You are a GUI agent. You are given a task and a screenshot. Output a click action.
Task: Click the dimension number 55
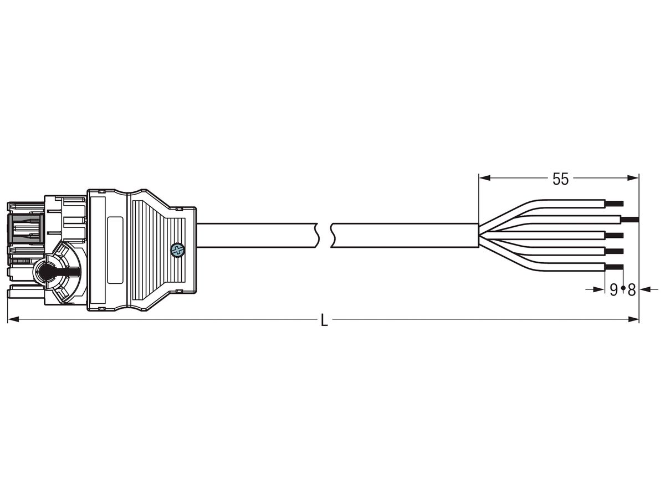(560, 179)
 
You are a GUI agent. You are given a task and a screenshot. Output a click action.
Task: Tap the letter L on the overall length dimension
(324, 321)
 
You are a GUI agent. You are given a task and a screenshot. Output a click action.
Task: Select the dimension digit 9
(613, 289)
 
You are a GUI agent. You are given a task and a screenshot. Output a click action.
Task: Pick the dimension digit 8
(631, 289)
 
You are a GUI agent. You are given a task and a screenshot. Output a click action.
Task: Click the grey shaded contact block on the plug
(25, 228)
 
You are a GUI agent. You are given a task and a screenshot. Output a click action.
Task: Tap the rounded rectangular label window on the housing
(115, 250)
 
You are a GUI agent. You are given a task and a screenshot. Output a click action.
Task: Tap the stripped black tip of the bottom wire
(614, 268)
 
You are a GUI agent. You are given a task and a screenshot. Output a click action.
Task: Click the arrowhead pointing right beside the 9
(599, 288)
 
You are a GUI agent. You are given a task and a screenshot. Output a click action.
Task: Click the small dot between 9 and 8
(623, 289)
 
